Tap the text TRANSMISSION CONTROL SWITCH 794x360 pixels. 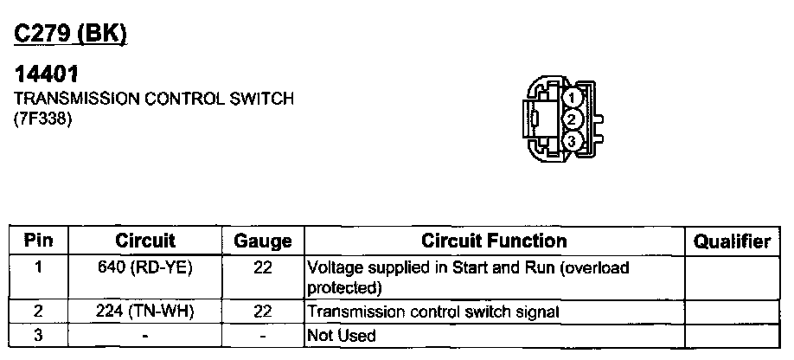coord(153,100)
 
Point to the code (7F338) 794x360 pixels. coord(42,119)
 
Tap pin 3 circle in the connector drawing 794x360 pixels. coord(571,140)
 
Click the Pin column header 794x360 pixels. coord(37,241)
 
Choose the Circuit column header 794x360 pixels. coord(145,241)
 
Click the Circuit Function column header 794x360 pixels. coord(494,241)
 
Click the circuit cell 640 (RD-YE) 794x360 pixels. coord(146,267)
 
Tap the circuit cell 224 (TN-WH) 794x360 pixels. coord(146,311)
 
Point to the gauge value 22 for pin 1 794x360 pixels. coord(263,267)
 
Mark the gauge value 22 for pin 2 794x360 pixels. coord(263,311)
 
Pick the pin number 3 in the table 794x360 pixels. coord(37,333)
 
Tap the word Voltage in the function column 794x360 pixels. coord(334,268)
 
